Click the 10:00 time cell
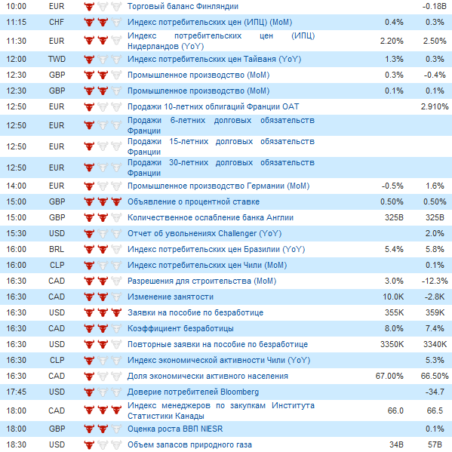pos(16,6)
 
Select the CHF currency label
pos(56,22)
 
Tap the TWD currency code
pos(57,59)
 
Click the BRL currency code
pos(56,249)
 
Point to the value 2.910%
pos(435,106)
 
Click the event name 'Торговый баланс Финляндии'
pos(183,6)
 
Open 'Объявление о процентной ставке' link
pos(193,201)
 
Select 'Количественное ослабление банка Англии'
pos(211,217)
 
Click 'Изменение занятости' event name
pos(171,297)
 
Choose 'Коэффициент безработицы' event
pos(180,328)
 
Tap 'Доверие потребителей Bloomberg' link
pos(193,392)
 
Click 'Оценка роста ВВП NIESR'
pos(175,429)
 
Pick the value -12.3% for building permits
pos(435,281)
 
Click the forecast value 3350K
pos(392,344)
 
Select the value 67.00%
pos(389,376)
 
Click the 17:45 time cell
pos(16,392)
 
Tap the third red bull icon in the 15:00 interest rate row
pos(116,201)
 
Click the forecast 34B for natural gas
pos(396,444)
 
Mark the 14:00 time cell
pos(16,186)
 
